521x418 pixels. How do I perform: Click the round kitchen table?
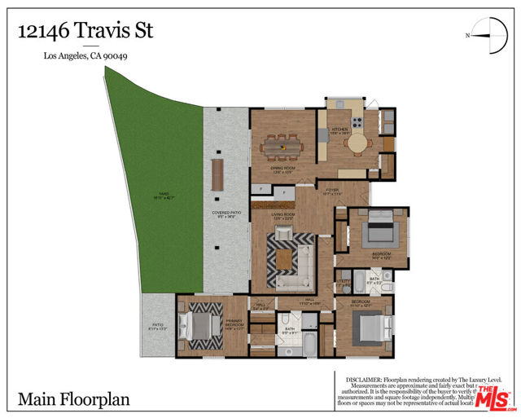coord(357,143)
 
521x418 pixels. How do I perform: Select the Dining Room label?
coord(282,169)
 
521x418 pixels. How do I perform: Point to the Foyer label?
coord(332,191)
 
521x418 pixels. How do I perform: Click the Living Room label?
coord(282,215)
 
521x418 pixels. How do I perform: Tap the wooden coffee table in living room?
coord(284,259)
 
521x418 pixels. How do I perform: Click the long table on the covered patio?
coord(217,174)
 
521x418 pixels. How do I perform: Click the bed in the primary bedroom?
coord(197,326)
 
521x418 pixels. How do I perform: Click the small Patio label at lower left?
coord(156,325)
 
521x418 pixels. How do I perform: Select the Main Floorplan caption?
coord(73,400)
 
